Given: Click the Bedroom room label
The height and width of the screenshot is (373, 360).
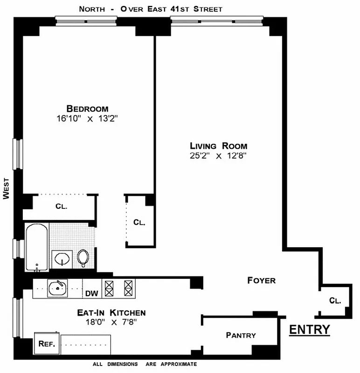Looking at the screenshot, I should pyautogui.click(x=87, y=108).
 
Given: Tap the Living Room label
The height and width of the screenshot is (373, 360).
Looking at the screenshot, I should pyautogui.click(x=218, y=145).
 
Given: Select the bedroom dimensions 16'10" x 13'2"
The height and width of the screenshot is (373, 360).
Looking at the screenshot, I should pyautogui.click(x=87, y=118).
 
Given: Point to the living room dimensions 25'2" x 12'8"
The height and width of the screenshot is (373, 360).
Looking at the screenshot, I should pyautogui.click(x=218, y=156).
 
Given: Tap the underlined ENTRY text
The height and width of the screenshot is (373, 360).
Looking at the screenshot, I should pyautogui.click(x=310, y=330).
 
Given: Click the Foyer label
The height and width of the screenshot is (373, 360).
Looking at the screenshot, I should pyautogui.click(x=261, y=281).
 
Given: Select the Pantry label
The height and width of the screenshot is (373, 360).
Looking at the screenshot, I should pyautogui.click(x=241, y=335).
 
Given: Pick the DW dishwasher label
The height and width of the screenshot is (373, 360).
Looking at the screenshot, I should pyautogui.click(x=91, y=294).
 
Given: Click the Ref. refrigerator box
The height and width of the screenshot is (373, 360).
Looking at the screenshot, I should pyautogui.click(x=47, y=344).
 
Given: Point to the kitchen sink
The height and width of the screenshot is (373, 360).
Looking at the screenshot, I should pyautogui.click(x=58, y=288).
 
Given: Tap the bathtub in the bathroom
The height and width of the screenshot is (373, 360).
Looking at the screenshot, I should pyautogui.click(x=36, y=247).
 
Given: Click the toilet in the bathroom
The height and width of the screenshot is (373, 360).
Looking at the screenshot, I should pyautogui.click(x=83, y=257).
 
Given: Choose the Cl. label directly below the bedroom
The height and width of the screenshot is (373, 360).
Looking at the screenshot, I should pyautogui.click(x=61, y=206).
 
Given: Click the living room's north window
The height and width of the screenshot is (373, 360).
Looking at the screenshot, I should pyautogui.click(x=217, y=20).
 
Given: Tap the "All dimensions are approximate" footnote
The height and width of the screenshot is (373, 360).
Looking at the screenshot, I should pyautogui.click(x=145, y=365).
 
